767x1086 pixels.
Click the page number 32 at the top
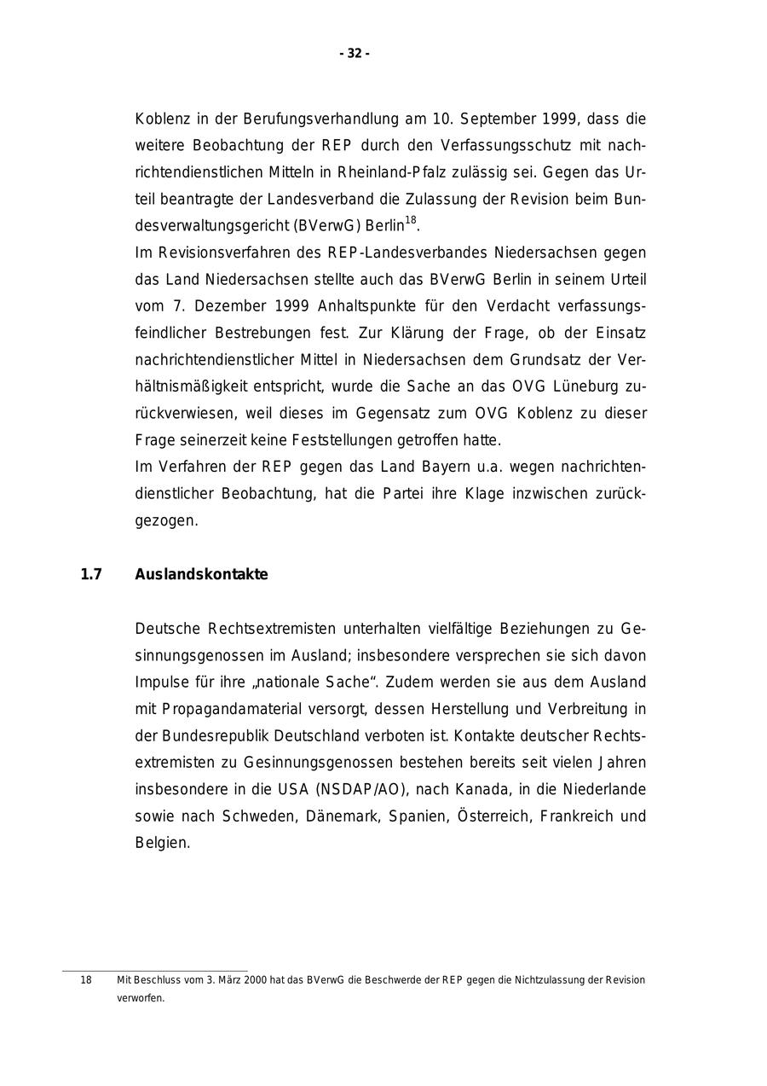point(355,54)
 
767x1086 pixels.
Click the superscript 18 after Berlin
point(411,221)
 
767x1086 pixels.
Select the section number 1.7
point(91,575)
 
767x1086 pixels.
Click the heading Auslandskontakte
point(201,575)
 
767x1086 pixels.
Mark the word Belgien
point(162,843)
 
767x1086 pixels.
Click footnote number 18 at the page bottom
point(86,980)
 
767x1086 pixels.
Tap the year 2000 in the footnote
point(256,980)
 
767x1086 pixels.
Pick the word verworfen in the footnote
point(140,998)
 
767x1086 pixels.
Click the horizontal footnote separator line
point(154,971)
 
